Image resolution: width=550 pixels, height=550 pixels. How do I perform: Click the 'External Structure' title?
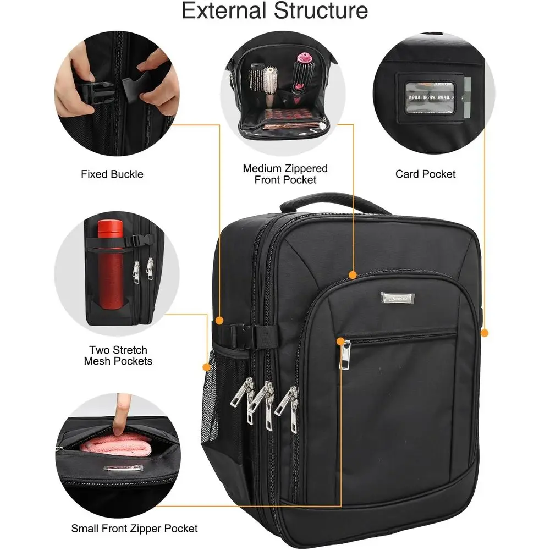coord(275,10)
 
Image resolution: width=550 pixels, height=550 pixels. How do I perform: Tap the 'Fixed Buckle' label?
coord(112,174)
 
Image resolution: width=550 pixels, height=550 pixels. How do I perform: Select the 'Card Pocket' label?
coord(425,174)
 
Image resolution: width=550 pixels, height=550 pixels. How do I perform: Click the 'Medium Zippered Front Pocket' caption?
coord(285,174)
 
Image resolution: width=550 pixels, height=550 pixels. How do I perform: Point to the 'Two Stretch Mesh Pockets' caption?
coord(118,355)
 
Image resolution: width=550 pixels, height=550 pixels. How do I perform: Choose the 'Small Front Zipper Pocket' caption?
coord(134,529)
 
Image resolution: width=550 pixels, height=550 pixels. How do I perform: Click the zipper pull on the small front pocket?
coord(345,355)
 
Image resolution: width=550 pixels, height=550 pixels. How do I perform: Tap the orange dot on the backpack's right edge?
coord(485,332)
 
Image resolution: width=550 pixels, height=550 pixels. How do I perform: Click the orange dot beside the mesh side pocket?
coord(207,366)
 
